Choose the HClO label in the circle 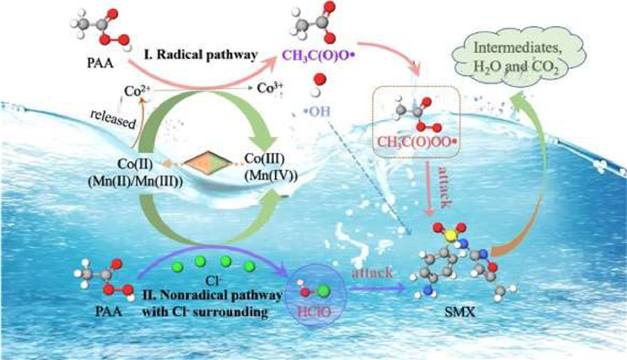[312, 319]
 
